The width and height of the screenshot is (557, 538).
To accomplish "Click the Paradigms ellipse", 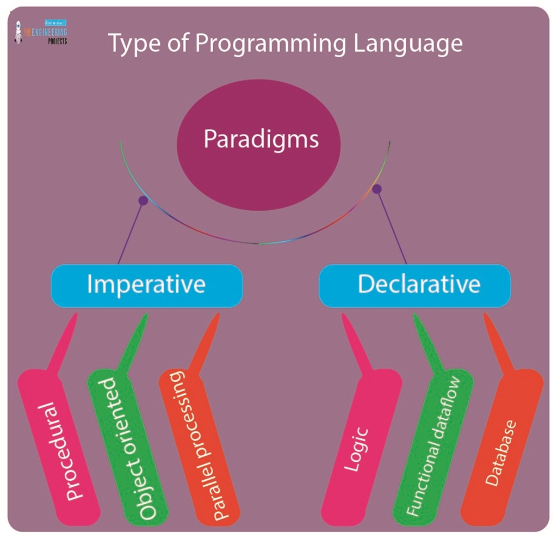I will pos(259,144).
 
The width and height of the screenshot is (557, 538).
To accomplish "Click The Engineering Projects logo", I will pos(41,32).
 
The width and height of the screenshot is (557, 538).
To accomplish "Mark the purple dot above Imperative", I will pos(143,200).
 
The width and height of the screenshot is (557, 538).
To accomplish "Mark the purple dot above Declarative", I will pos(376,189).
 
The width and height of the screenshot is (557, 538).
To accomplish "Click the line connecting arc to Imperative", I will pos(131,232).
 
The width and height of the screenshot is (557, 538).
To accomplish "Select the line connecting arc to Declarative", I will pos(392,227).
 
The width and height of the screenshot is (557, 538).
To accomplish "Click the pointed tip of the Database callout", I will pos(486,316).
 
